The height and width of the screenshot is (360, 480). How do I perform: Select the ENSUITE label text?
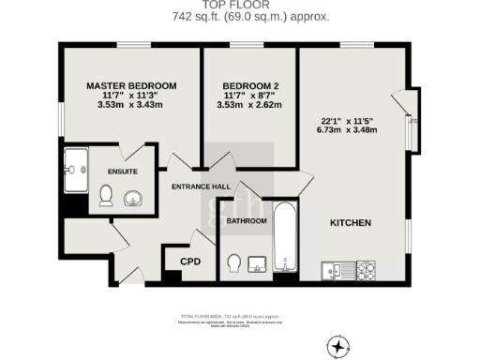[x=123, y=172]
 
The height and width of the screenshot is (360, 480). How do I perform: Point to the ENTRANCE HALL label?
[x=201, y=187]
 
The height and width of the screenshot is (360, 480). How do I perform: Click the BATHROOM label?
[x=247, y=221]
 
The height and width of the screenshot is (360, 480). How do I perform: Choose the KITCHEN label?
[x=351, y=223]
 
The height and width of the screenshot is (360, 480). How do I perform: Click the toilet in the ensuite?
[x=106, y=195]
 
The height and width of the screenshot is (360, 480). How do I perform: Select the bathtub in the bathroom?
[x=285, y=240]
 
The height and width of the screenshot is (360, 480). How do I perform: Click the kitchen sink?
[x=333, y=270]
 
